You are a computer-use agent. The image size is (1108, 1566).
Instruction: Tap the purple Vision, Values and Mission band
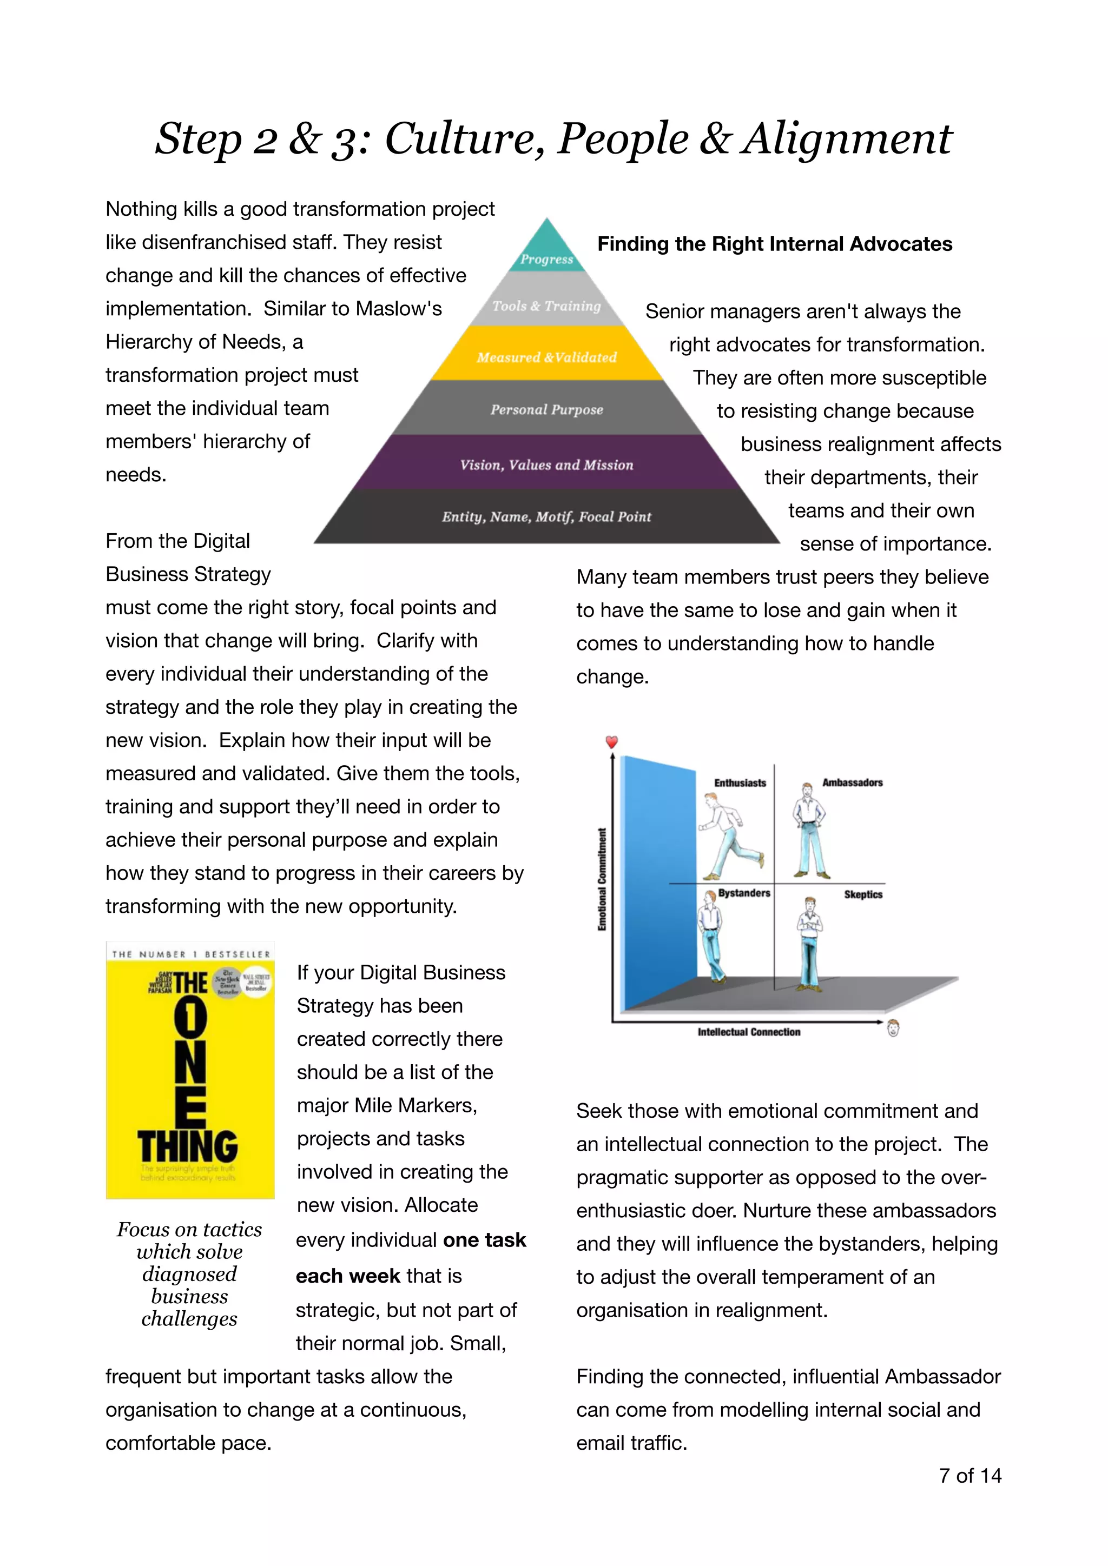(546, 464)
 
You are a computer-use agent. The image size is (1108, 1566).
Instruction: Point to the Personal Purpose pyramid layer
(546, 409)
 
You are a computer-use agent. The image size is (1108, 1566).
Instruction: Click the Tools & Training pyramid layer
(546, 305)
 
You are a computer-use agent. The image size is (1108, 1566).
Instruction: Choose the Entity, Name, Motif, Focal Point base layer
(546, 516)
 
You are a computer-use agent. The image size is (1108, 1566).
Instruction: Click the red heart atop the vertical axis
(612, 741)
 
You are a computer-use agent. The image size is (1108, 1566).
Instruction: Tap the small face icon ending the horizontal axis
(893, 1027)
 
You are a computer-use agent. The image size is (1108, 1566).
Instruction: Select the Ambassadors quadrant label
(852, 782)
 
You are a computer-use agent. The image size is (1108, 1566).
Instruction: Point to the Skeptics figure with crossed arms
(810, 941)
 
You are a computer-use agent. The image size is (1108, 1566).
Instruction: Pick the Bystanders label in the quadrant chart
(744, 893)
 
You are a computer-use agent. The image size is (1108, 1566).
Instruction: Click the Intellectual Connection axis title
(748, 1032)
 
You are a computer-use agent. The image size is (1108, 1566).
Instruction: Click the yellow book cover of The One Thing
(190, 1071)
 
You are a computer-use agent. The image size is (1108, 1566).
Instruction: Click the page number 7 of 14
(969, 1475)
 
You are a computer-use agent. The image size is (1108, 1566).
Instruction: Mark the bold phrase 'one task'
(484, 1239)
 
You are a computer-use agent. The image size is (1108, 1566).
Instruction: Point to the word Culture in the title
(464, 138)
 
